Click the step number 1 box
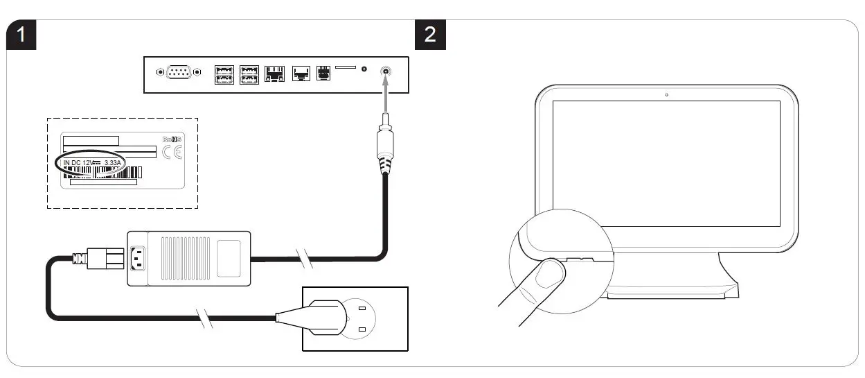(22, 35)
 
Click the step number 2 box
(430, 35)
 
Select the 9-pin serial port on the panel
(179, 71)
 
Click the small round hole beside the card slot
(364, 70)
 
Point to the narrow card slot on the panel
(346, 68)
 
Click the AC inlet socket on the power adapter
(138, 258)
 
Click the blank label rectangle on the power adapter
(233, 257)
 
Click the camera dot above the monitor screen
(666, 94)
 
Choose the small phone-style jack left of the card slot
(323, 72)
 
